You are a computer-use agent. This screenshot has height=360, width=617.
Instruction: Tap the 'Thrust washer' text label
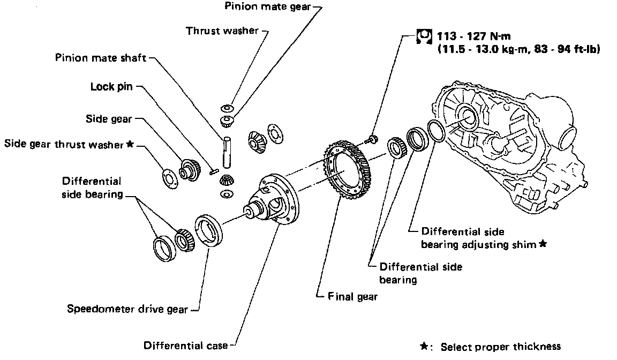(222, 31)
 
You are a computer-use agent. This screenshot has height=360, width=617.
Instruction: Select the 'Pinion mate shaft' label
(101, 57)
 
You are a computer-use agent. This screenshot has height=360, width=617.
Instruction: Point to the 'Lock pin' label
(111, 86)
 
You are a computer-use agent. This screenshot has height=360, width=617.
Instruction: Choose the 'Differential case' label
(185, 346)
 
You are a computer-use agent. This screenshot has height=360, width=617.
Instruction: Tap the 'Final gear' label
(352, 296)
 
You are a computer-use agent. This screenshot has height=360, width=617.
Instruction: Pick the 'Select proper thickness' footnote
(500, 347)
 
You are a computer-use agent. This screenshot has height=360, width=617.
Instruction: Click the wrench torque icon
(423, 36)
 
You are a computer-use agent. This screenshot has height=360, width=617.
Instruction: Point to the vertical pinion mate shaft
(227, 152)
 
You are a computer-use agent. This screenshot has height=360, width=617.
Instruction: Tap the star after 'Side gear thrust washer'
(129, 144)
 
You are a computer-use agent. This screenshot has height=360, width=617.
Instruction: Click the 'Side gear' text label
(109, 118)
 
